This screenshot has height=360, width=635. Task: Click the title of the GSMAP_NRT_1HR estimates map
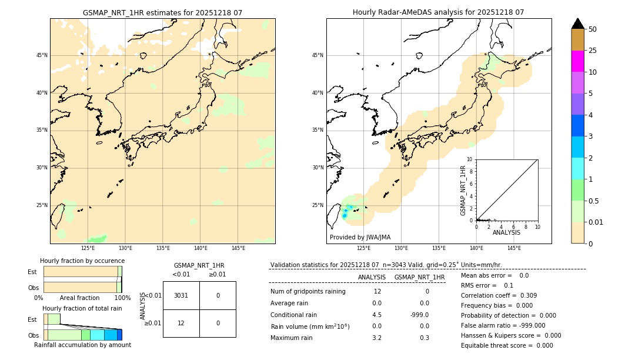click(162, 12)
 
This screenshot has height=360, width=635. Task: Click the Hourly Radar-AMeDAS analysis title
click(438, 12)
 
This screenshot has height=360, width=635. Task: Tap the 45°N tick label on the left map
click(42, 55)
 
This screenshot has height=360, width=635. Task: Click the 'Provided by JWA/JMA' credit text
click(360, 238)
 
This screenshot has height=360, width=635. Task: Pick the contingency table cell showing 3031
click(181, 295)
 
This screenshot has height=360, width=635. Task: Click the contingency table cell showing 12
click(181, 323)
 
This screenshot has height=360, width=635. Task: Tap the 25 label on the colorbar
click(593, 51)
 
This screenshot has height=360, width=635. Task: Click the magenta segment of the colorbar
click(577, 61)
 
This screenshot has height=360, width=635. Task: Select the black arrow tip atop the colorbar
click(577, 23)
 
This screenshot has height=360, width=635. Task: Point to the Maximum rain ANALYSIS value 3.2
click(377, 338)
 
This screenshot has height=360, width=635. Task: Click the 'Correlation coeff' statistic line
click(499, 295)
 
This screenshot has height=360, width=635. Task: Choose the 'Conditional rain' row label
click(293, 315)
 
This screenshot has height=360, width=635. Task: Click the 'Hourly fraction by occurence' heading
click(82, 261)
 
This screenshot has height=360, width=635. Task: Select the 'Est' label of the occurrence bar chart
click(32, 272)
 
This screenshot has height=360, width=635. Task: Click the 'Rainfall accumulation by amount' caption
click(82, 345)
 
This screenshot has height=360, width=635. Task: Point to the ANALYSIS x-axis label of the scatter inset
click(506, 232)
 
